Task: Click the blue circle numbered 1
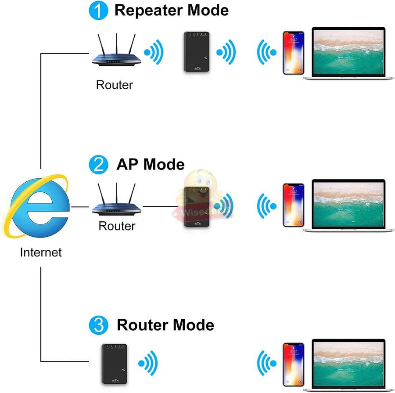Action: pyautogui.click(x=98, y=11)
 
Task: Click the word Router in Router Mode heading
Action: pyautogui.click(x=142, y=325)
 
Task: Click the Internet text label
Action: pyautogui.click(x=41, y=252)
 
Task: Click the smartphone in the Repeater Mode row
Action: pyautogui.click(x=293, y=52)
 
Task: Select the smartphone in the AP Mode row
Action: pyautogui.click(x=293, y=205)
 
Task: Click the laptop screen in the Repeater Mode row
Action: pyautogui.click(x=348, y=50)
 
